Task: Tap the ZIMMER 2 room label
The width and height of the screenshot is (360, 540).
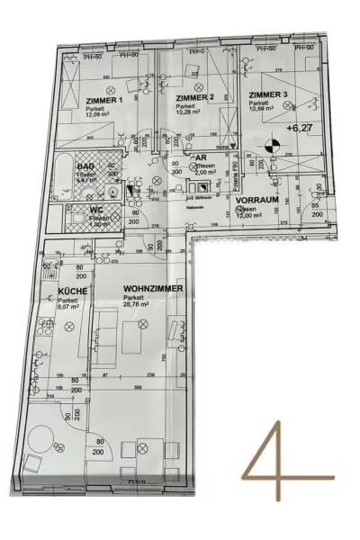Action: (194, 97)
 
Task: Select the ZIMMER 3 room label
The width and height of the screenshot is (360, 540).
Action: (268, 94)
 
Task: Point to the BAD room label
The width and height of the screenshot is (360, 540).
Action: (85, 167)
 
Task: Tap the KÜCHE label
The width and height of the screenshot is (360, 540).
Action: (72, 292)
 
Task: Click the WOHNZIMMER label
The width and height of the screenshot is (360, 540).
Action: (153, 288)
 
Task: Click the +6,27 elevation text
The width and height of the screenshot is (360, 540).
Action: (298, 128)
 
